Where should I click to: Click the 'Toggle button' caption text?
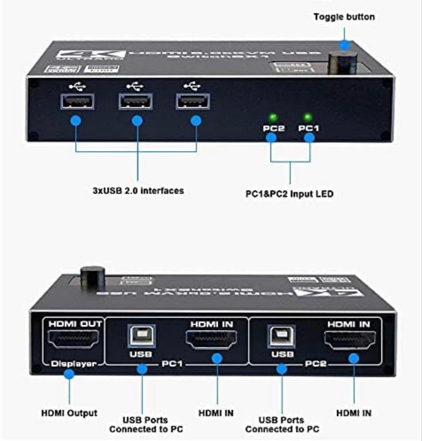click(x=344, y=17)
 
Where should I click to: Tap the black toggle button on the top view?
click(x=342, y=62)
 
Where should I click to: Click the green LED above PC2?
click(x=273, y=118)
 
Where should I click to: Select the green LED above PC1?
click(x=308, y=118)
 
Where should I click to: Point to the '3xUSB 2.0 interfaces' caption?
click(x=137, y=190)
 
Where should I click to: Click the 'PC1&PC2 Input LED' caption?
click(x=289, y=194)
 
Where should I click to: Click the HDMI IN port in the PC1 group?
click(x=212, y=339)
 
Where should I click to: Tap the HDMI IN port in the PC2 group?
click(x=350, y=339)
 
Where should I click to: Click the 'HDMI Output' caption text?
click(x=69, y=413)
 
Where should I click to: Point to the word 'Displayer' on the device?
click(x=73, y=363)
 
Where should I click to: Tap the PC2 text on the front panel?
click(x=273, y=128)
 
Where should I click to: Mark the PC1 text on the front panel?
click(x=309, y=128)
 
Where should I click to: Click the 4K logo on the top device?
click(x=90, y=55)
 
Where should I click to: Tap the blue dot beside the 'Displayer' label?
click(x=69, y=374)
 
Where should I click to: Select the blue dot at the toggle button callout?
click(x=344, y=45)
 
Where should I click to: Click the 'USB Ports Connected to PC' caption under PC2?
click(x=282, y=424)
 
